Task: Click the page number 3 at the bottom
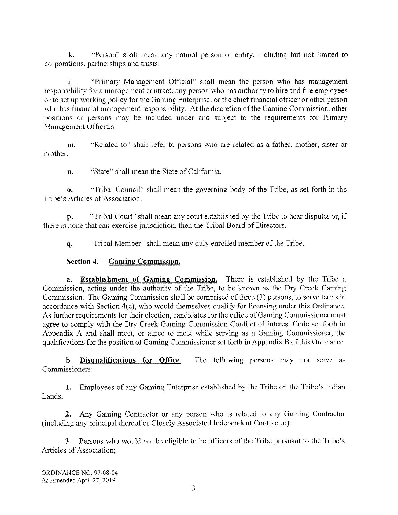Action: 193,488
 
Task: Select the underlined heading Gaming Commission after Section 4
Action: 145,261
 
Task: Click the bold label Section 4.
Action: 83,261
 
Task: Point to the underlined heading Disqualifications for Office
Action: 130,360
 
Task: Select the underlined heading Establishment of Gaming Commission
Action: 149,279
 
